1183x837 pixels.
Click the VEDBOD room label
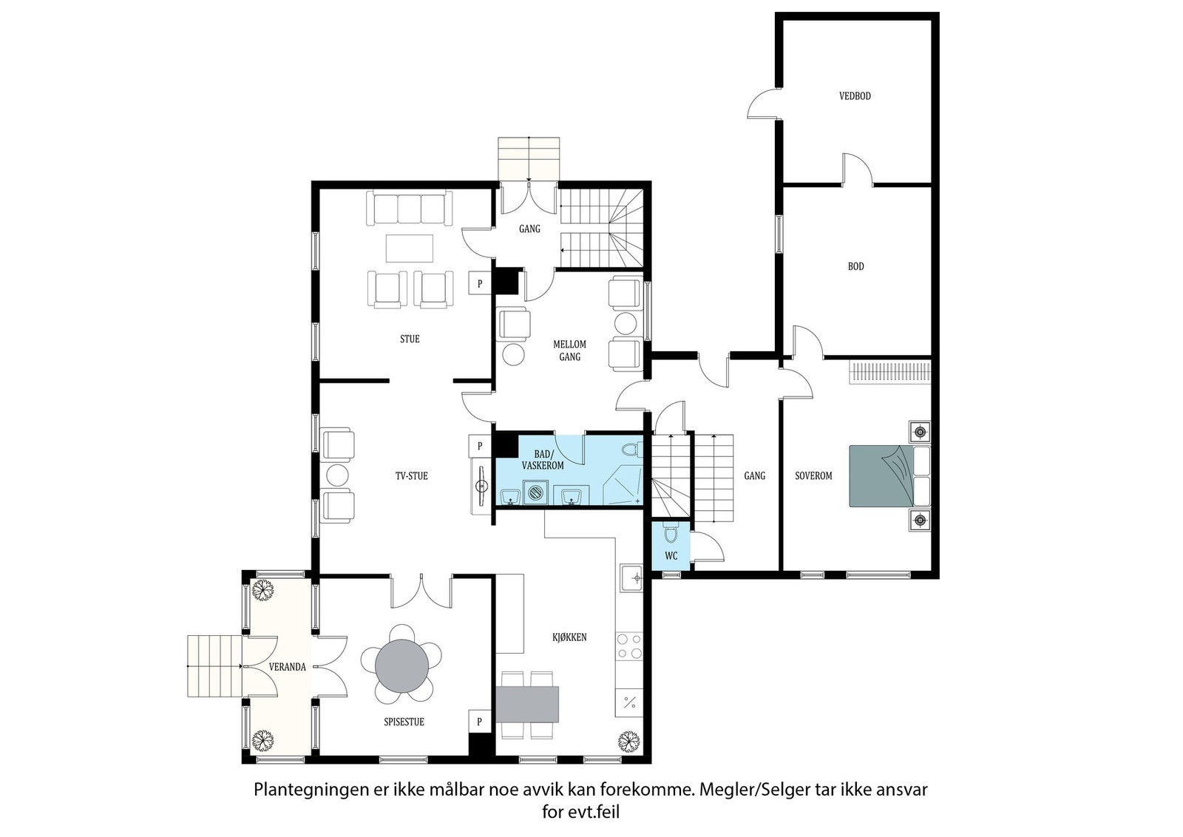coord(855,96)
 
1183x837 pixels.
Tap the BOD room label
coord(856,267)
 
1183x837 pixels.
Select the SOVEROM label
coord(813,475)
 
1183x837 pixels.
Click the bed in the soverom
coord(889,475)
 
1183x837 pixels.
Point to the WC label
coord(671,555)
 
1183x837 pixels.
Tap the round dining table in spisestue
coord(402,665)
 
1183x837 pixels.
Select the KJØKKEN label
coord(569,637)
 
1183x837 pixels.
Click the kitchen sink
coord(631,578)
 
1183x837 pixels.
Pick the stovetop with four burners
coord(629,645)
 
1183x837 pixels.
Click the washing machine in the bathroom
coord(535,492)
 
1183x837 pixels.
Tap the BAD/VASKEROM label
coord(543,460)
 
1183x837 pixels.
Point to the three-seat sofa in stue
coord(410,209)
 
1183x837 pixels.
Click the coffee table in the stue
coord(410,248)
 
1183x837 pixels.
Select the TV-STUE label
coord(411,475)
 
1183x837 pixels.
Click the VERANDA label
coord(288,667)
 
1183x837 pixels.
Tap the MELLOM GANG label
coord(569,350)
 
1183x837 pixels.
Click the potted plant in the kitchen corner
coord(628,742)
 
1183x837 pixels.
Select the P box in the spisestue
coord(480,722)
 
